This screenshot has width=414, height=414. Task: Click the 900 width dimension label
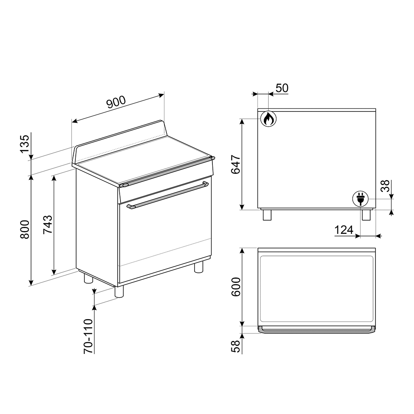(x=116, y=102)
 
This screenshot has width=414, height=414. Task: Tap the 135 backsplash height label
(x=25, y=144)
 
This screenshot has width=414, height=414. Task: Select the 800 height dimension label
(x=25, y=229)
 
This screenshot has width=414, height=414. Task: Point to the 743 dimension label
(x=48, y=225)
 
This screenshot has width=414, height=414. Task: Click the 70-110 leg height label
(x=89, y=336)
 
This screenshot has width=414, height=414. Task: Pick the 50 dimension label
(x=282, y=88)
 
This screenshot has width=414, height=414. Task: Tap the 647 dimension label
(x=236, y=164)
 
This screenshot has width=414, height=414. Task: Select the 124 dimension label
(x=344, y=230)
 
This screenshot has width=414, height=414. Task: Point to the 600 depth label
(x=236, y=287)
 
